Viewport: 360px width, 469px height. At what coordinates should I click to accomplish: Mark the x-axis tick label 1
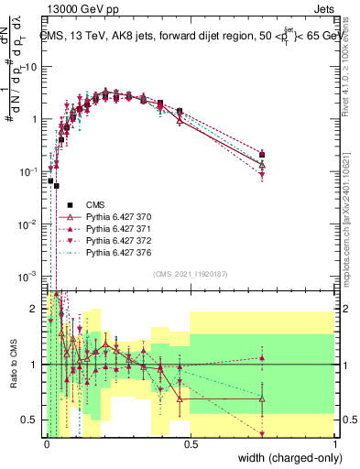point(334,443)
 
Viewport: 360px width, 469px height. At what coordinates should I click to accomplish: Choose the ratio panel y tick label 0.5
point(31,420)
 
